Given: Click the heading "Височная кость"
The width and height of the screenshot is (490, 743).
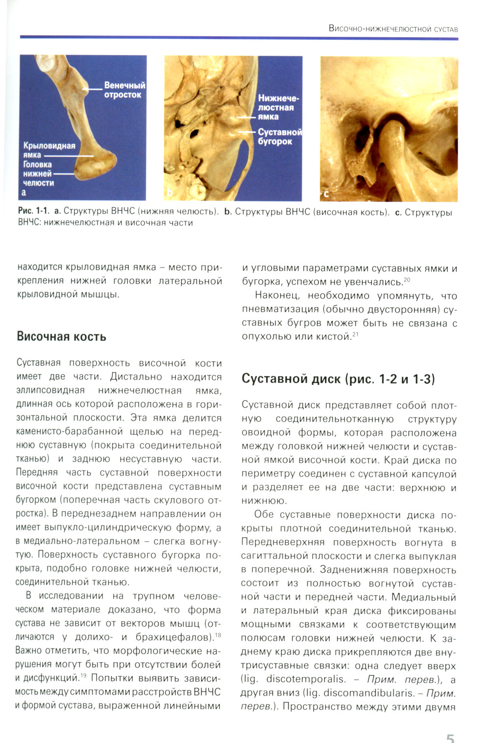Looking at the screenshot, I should pos(61,336).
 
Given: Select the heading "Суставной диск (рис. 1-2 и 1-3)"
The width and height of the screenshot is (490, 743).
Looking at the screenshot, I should pos(338,379).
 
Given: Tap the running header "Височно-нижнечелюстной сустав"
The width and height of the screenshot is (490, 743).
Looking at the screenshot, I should pos(393,29).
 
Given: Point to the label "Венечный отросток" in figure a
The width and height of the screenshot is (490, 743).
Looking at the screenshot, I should pos(124,90).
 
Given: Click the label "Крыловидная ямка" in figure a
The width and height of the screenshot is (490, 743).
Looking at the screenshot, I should pos(49,150).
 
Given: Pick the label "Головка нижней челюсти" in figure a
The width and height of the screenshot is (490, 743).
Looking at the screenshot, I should pos(38,174).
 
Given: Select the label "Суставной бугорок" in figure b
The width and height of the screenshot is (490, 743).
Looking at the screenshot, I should pos(280,137).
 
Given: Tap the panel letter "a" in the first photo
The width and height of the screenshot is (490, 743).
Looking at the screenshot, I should pos(24,192).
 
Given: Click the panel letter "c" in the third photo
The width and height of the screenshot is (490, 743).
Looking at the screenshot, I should pos(326,194).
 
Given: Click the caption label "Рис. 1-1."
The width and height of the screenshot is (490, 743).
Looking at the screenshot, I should pos(33,212).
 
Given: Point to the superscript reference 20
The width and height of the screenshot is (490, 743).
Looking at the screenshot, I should pos(406,279).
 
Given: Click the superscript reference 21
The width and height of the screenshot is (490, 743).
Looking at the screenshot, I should pos(356,334).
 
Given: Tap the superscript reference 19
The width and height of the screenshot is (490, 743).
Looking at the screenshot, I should pos(83,676).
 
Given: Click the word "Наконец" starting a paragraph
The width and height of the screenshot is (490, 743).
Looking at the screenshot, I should pos(276,295).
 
